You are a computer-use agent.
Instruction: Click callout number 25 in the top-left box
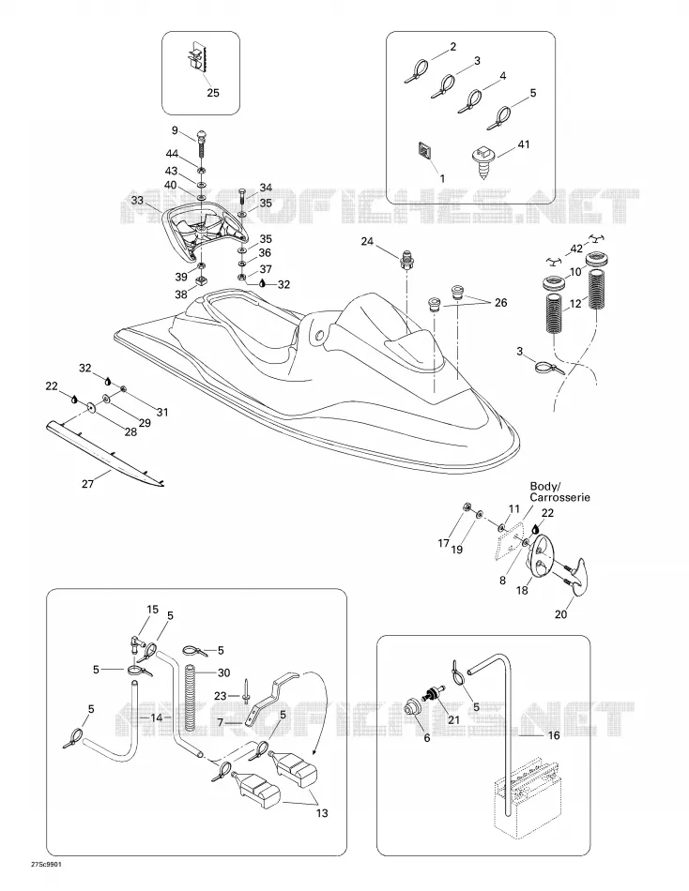pyautogui.click(x=213, y=93)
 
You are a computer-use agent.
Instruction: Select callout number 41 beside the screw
pyautogui.click(x=524, y=144)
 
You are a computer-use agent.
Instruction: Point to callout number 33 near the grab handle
pyautogui.click(x=137, y=200)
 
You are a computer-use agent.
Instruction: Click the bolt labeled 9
pyautogui.click(x=203, y=144)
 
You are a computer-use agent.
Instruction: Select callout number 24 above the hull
pyautogui.click(x=367, y=241)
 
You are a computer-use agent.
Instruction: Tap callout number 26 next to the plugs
pyautogui.click(x=500, y=303)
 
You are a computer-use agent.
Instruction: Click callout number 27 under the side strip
pyautogui.click(x=87, y=484)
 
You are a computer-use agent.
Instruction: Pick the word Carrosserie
pyautogui.click(x=559, y=498)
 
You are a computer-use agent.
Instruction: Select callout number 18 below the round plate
pyautogui.click(x=522, y=590)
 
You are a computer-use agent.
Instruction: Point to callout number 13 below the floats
pyautogui.click(x=322, y=813)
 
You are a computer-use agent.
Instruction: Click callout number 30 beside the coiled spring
pyautogui.click(x=223, y=672)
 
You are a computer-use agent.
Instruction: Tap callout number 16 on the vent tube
pyautogui.click(x=553, y=735)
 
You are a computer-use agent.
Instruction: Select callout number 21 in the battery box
pyautogui.click(x=453, y=719)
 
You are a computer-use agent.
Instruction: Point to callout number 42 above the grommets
pyautogui.click(x=576, y=249)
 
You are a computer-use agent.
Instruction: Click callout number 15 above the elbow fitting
pyautogui.click(x=152, y=610)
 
